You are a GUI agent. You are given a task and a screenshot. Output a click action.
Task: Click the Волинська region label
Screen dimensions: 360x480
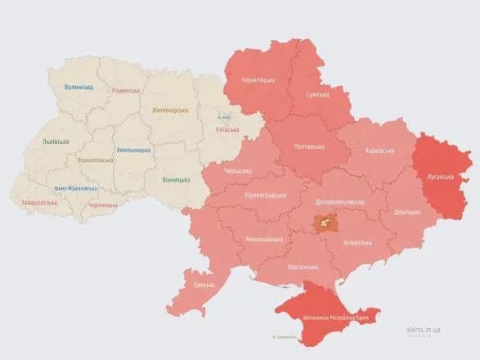tap(79, 87)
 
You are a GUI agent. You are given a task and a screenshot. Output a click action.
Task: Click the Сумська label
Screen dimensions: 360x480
tap(316, 95)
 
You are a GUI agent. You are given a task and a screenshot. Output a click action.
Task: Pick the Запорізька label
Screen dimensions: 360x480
tap(357, 243)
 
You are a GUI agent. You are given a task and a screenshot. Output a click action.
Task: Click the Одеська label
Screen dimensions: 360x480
tap(204, 285)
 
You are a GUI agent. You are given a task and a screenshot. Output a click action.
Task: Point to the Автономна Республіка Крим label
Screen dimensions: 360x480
tap(334, 315)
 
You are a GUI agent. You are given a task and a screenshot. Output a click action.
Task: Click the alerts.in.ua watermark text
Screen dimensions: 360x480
tap(423, 329)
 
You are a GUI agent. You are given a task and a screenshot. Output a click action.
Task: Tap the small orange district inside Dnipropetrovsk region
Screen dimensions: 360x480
tap(327, 222)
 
